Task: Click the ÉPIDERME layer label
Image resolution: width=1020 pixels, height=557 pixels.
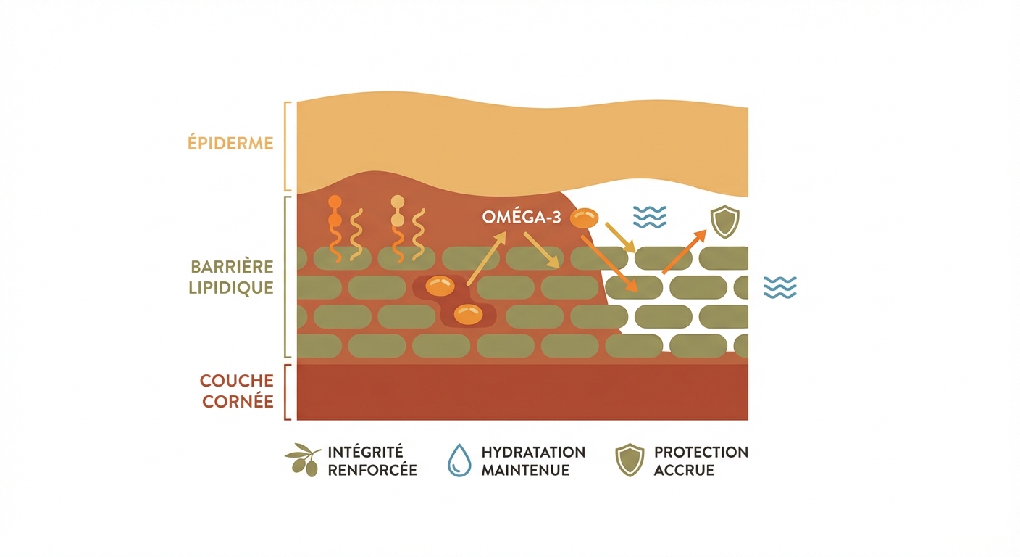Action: pyautogui.click(x=230, y=143)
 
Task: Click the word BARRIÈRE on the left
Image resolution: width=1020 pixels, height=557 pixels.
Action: pyautogui.click(x=232, y=267)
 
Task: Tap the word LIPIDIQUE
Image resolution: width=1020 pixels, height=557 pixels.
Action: pyautogui.click(x=231, y=288)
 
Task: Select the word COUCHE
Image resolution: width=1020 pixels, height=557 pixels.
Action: pyautogui.click(x=236, y=381)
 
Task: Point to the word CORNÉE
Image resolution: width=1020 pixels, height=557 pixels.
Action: pyautogui.click(x=238, y=402)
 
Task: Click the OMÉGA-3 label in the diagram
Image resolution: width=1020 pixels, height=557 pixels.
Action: pyautogui.click(x=522, y=218)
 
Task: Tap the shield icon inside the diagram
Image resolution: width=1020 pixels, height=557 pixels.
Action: pyautogui.click(x=725, y=221)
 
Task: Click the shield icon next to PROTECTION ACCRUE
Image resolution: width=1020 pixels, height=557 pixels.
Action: pyautogui.click(x=630, y=460)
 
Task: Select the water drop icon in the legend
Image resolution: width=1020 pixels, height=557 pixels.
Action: pyautogui.click(x=459, y=460)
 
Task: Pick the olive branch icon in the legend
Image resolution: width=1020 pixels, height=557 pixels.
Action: pyautogui.click(x=302, y=460)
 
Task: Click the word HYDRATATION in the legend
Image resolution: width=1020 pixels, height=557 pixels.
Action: pyautogui.click(x=533, y=452)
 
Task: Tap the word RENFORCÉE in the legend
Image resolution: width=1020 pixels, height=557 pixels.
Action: pyautogui.click(x=372, y=470)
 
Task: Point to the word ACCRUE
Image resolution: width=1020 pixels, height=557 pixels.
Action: pyautogui.click(x=684, y=470)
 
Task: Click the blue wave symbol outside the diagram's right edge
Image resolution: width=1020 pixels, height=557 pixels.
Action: pyautogui.click(x=780, y=287)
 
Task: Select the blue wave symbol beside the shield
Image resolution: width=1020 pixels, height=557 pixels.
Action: pyautogui.click(x=650, y=217)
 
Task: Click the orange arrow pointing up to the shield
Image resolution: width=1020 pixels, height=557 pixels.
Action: pyautogui.click(x=684, y=252)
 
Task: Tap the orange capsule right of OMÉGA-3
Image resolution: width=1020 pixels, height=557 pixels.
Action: pyautogui.click(x=584, y=218)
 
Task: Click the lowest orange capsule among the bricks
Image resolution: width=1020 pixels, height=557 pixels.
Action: pyautogui.click(x=468, y=315)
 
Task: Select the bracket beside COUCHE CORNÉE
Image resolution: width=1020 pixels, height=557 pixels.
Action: pyautogui.click(x=288, y=392)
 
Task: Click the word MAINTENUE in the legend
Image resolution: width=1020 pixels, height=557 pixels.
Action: pyautogui.click(x=525, y=470)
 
